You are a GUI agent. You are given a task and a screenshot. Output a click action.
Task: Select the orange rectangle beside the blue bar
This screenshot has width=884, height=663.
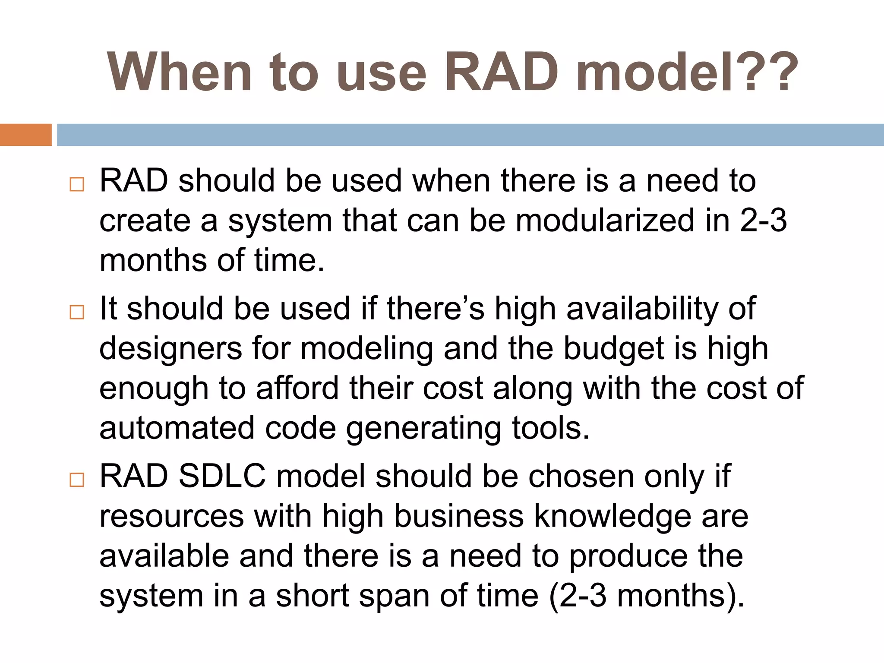click(25, 135)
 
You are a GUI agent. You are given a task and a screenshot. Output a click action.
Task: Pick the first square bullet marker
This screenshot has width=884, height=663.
click(77, 184)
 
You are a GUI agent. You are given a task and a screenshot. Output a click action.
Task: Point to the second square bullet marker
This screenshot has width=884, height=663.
click(77, 312)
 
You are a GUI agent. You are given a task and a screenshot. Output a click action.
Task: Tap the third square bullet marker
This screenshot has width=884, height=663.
click(77, 480)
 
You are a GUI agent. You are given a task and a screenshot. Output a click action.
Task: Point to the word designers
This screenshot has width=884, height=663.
click(171, 349)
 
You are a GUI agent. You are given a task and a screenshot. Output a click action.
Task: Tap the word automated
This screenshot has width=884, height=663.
click(177, 428)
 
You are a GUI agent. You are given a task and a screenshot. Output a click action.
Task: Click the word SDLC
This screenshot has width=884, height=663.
click(222, 476)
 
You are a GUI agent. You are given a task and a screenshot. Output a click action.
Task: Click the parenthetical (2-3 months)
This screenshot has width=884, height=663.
click(647, 596)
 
